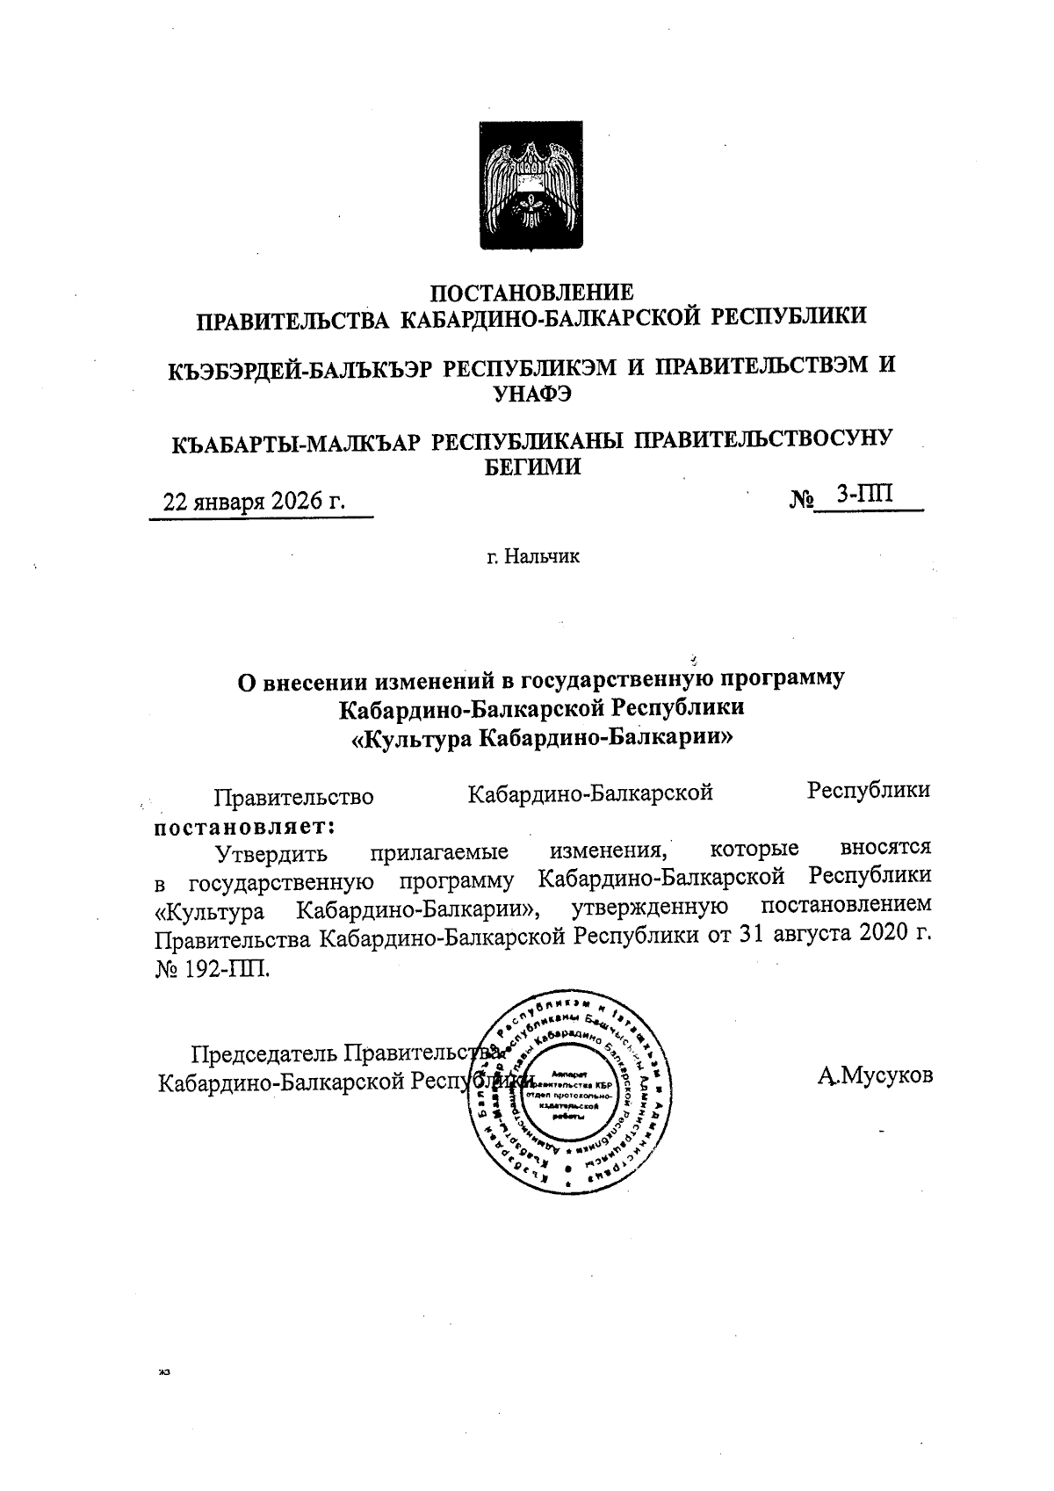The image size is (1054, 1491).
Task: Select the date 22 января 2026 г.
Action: [255, 502]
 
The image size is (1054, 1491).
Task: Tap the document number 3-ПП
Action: [865, 495]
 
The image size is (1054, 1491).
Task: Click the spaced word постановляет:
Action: [245, 827]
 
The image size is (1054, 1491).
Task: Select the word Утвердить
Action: [272, 852]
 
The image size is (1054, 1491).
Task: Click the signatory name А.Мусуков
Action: [874, 1075]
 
